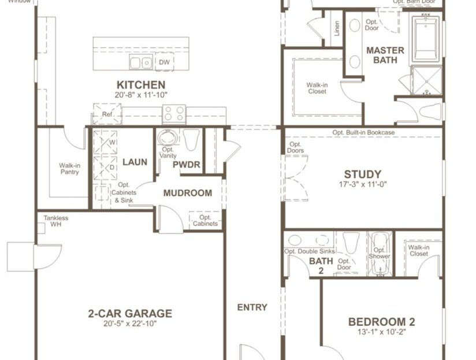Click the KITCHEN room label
coord(140,85)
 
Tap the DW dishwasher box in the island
coord(164,62)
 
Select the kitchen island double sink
coord(141,62)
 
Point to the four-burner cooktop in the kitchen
coord(173,113)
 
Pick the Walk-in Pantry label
coord(69,168)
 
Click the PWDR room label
coord(187,165)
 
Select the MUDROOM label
coord(187,193)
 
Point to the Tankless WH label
coord(56,221)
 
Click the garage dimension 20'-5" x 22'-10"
coord(129,324)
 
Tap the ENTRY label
coord(252,307)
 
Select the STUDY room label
coord(362,175)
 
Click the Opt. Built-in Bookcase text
coord(363,132)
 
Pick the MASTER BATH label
coord(385,55)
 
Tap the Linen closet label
coord(337,28)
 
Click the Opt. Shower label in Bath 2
coord(380,253)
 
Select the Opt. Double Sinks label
coord(309,251)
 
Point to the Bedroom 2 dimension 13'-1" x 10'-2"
coord(381,332)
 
